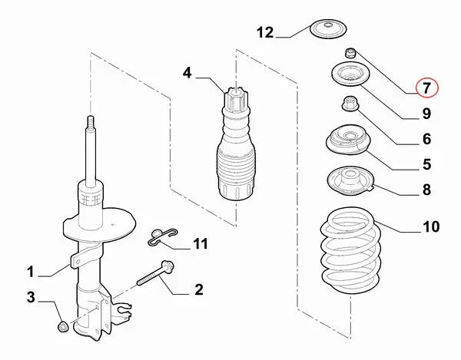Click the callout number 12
point(265,32)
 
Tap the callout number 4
point(187,74)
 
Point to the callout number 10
point(430,226)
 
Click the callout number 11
point(200,245)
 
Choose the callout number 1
point(31,271)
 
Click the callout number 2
point(198,289)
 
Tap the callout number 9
point(426,114)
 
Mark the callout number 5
point(426,163)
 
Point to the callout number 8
point(426,189)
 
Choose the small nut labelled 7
point(351,53)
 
